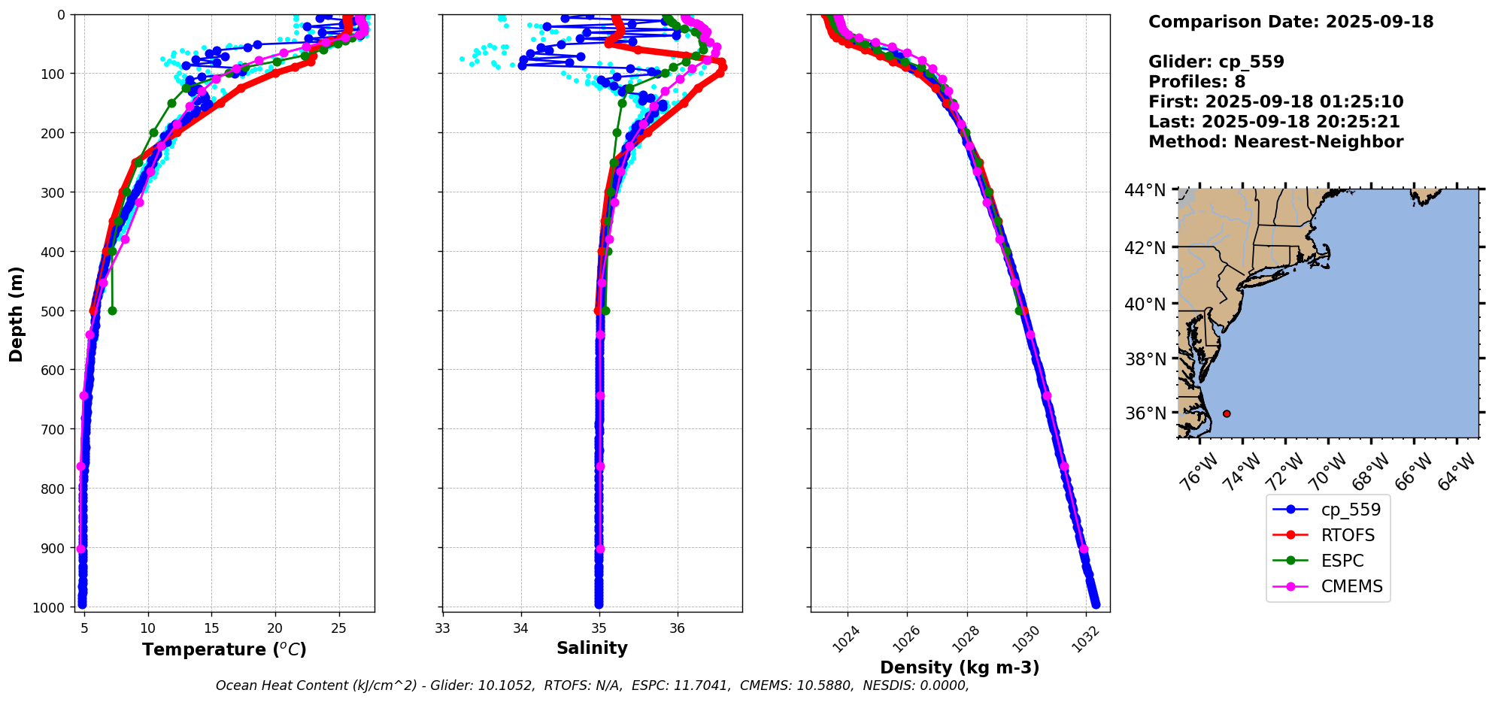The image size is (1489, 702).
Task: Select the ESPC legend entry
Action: point(1342,561)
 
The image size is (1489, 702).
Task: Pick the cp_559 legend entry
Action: point(1351,510)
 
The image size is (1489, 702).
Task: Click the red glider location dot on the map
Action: point(1227,413)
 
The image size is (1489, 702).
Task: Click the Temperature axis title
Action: point(224,649)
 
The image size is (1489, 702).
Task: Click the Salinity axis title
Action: point(592,648)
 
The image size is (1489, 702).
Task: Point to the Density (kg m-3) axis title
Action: point(960,667)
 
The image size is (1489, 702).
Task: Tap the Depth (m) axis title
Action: point(16,313)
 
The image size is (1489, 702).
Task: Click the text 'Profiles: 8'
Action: point(1196,82)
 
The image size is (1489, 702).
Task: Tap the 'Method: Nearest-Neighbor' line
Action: point(1275,142)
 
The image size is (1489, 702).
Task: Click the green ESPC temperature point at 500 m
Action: point(112,310)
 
